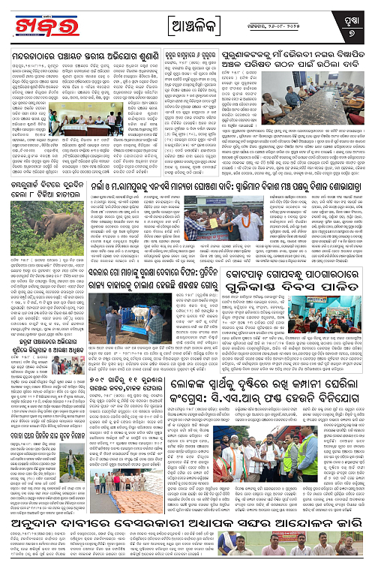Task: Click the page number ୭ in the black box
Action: point(360,32)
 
